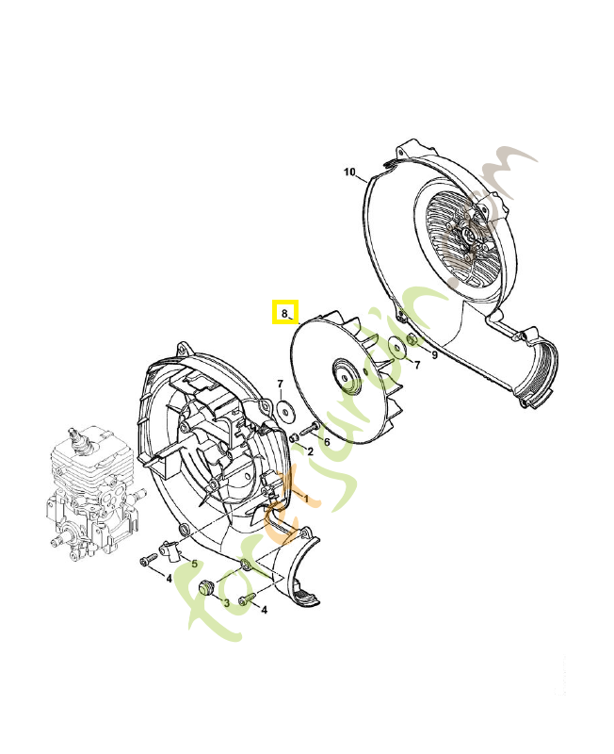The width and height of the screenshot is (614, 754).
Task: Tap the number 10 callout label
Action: click(349, 172)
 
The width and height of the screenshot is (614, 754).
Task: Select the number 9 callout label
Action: click(434, 355)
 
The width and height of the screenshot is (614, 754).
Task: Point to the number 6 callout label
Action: click(326, 441)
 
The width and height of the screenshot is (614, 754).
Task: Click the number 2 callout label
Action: click(311, 451)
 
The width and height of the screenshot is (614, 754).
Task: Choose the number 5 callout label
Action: click(195, 564)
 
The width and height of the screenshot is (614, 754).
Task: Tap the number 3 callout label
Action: click(226, 602)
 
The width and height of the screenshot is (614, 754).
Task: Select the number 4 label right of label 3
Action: click(264, 610)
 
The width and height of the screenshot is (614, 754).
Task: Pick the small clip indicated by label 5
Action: click(170, 548)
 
